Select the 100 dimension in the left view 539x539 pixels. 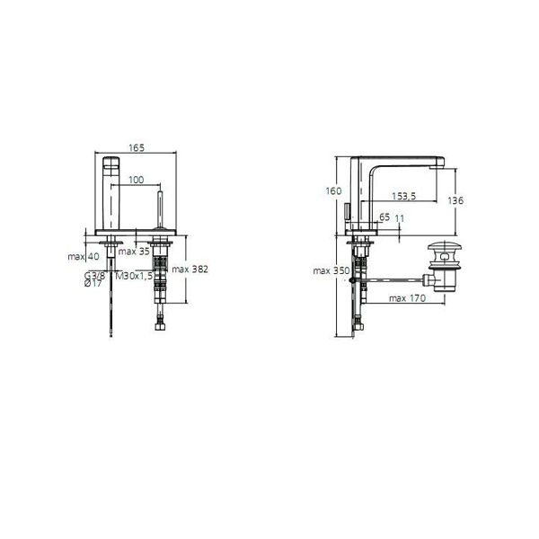click(x=135, y=181)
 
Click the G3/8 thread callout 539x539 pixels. click(x=94, y=275)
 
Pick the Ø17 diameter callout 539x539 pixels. click(x=93, y=285)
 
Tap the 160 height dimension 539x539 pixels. click(x=334, y=190)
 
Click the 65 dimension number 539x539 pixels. click(x=384, y=217)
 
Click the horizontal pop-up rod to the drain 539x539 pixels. click(x=395, y=279)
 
